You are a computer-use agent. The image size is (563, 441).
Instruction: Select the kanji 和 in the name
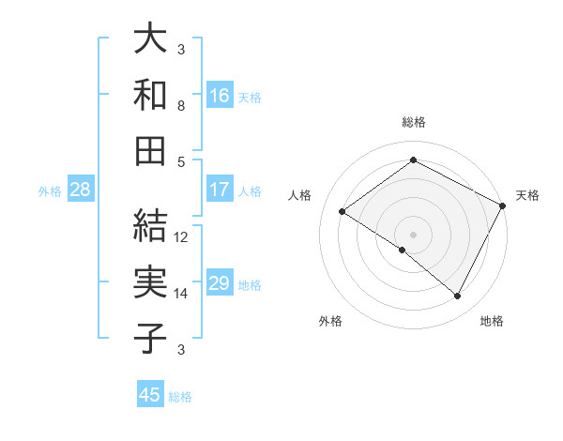(150, 94)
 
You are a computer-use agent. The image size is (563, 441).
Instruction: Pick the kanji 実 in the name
(150, 281)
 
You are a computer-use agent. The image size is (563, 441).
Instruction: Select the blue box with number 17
(219, 189)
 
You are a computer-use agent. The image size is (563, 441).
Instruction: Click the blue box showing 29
(219, 283)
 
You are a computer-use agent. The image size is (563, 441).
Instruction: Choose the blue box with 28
(81, 190)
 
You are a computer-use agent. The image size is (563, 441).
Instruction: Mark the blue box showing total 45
(150, 395)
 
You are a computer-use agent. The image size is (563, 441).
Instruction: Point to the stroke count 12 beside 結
(181, 237)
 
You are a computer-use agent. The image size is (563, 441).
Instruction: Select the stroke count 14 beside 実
(181, 294)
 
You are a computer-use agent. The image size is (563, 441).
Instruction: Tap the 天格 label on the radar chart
(527, 195)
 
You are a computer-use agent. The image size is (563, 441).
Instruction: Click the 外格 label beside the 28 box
(50, 190)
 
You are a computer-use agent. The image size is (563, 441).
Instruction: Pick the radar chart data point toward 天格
(502, 205)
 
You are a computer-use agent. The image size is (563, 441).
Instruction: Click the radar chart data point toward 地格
(458, 297)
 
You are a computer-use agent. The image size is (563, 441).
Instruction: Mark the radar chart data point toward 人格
(342, 212)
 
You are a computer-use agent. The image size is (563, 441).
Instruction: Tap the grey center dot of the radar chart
(413, 233)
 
